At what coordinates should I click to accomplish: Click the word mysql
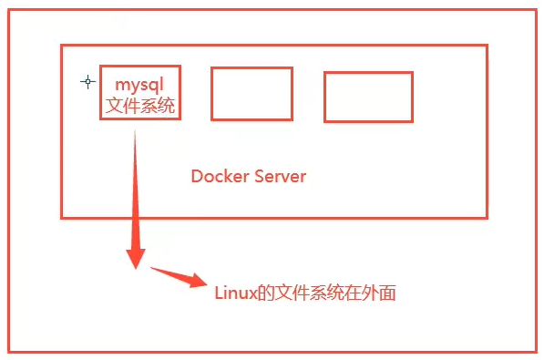(x=139, y=85)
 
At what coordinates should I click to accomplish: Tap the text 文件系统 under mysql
(x=139, y=106)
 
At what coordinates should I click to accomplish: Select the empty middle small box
(x=251, y=93)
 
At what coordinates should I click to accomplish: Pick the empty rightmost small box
(x=368, y=97)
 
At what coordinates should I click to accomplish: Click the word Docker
(x=218, y=176)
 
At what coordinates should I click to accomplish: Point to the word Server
(x=278, y=176)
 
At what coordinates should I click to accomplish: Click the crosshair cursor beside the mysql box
(x=87, y=81)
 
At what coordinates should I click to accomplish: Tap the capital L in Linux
(x=219, y=293)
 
